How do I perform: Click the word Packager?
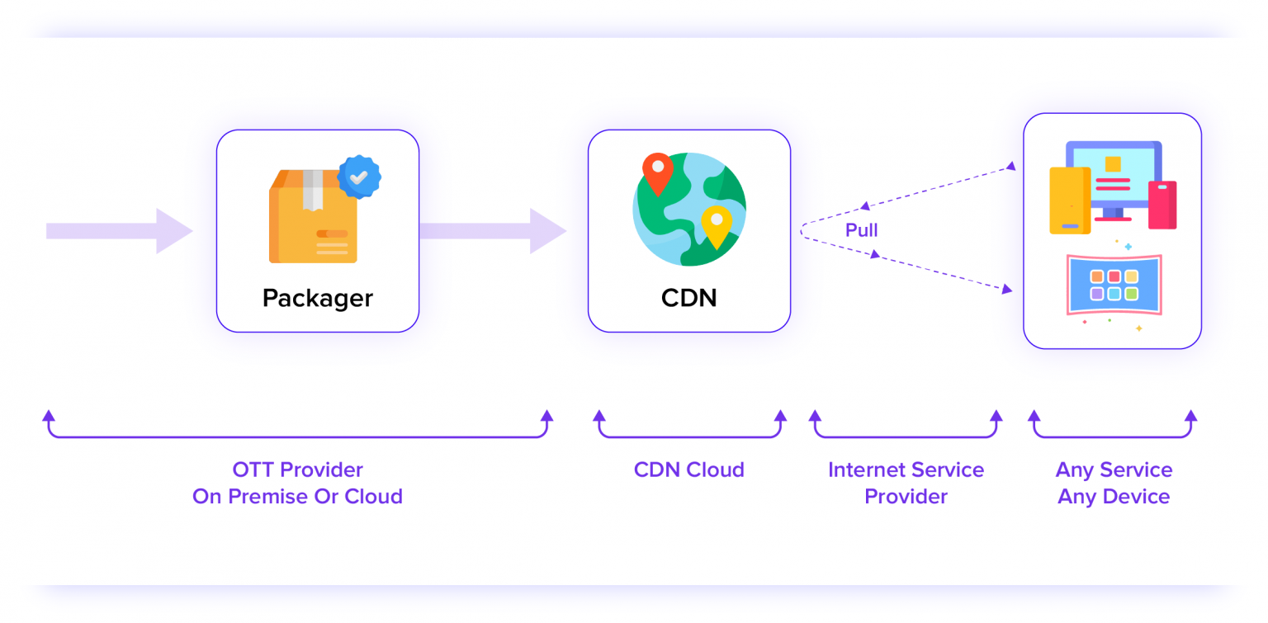(317, 298)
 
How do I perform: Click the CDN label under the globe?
(688, 298)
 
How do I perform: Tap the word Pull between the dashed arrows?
(861, 230)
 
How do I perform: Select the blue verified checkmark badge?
(358, 177)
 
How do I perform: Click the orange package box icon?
(313, 219)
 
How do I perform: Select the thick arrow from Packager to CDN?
(491, 231)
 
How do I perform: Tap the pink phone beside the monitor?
(1162, 205)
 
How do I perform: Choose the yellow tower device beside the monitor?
(1070, 201)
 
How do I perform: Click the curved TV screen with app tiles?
(1114, 285)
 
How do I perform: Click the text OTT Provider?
(297, 470)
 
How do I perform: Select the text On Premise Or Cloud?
(297, 497)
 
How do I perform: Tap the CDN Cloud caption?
(688, 470)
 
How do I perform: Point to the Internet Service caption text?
(906, 470)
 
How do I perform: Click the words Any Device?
(1114, 497)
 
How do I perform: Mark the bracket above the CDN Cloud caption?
(688, 434)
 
